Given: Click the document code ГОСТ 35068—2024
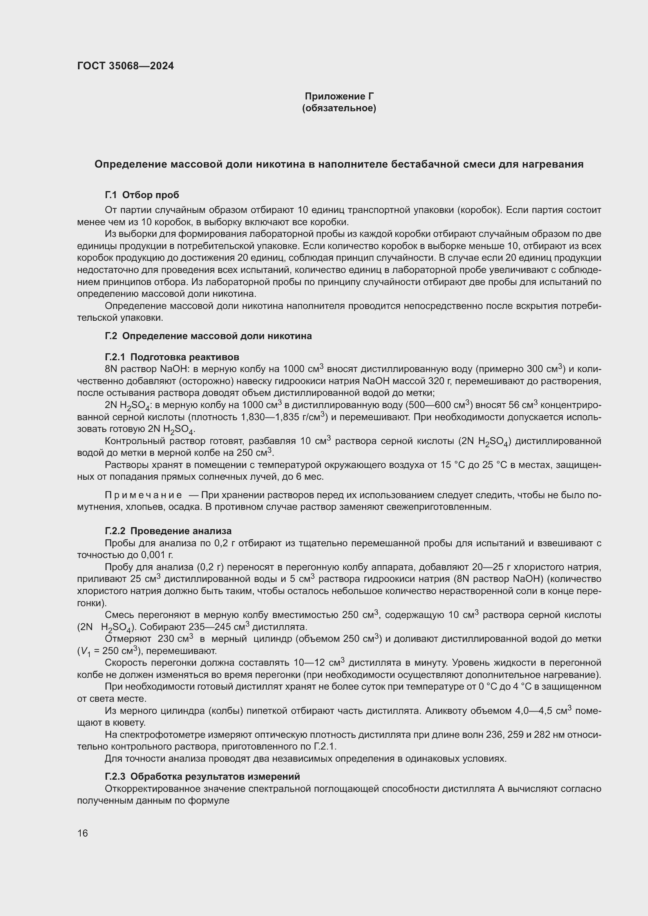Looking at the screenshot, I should pyautogui.click(x=125, y=66).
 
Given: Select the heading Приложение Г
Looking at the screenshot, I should pyautogui.click(x=339, y=96).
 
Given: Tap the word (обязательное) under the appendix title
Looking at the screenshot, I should pyautogui.click(x=339, y=108).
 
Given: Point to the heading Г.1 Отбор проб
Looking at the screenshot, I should pyautogui.click(x=142, y=195).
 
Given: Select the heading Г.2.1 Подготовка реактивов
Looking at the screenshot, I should pyautogui.click(x=172, y=357).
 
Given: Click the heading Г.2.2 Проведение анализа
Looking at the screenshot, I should pyautogui.click(x=168, y=531).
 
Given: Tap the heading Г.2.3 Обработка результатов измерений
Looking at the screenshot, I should pyautogui.click(x=202, y=777).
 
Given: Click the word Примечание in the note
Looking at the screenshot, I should pyautogui.click(x=143, y=495).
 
